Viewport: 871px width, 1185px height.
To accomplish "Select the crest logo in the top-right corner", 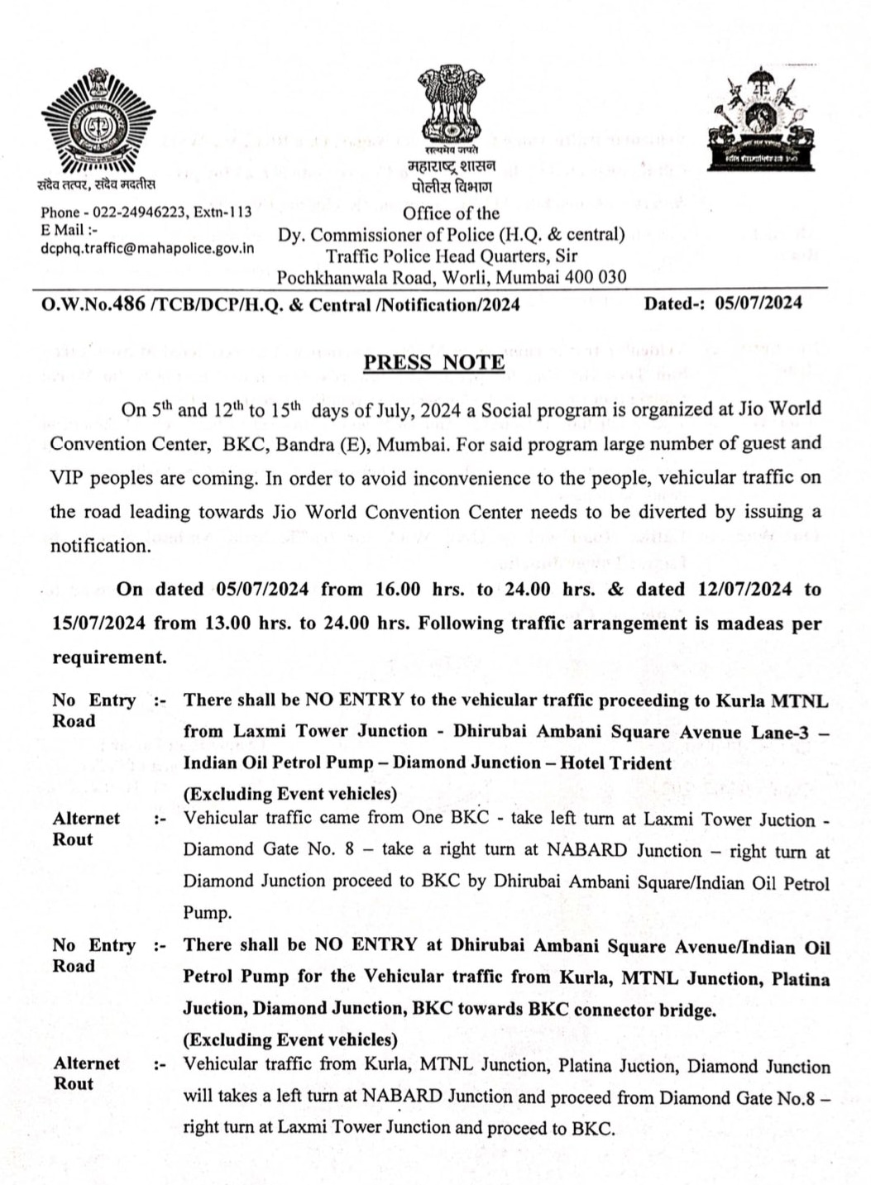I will (760, 121).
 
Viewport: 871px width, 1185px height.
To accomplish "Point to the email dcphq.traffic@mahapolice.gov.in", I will (147, 248).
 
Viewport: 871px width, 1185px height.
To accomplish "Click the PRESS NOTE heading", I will (433, 362).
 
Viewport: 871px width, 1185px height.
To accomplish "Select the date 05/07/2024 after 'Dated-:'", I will (758, 303).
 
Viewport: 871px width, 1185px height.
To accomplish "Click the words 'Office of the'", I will (451, 213).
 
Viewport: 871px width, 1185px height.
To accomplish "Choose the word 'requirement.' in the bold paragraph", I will (109, 657).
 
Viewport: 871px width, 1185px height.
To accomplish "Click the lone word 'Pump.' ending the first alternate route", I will (207, 913).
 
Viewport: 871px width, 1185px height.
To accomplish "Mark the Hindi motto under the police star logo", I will (96, 184).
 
